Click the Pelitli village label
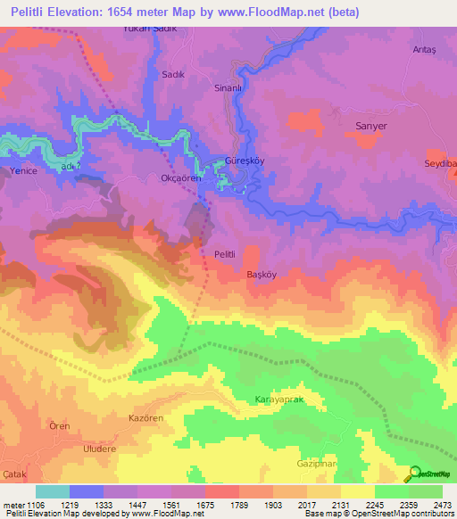[224, 254]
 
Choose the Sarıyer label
[370, 127]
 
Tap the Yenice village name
[22, 171]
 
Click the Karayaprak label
[279, 400]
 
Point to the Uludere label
[100, 450]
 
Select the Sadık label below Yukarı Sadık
[170, 76]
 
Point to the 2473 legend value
[443, 505]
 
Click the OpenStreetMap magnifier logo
[414, 474]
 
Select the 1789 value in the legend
[240, 505]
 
